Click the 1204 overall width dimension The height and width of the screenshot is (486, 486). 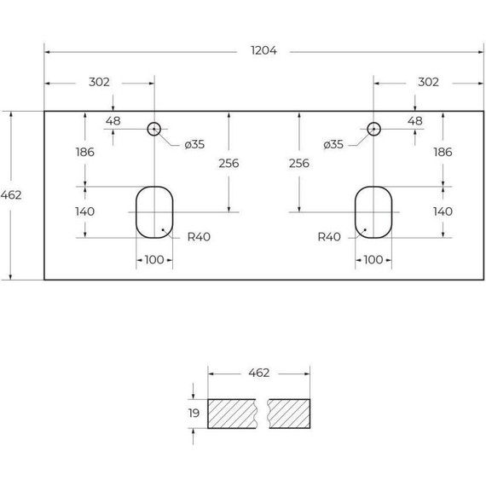point(263,50)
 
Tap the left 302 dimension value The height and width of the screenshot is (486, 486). point(99,82)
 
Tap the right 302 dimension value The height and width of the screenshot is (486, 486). point(428,82)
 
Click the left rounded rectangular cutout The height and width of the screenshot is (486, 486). point(136,212)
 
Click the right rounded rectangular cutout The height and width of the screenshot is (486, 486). point(356,212)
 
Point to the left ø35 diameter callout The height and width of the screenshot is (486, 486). point(194,144)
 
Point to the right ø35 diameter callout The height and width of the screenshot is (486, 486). point(333,144)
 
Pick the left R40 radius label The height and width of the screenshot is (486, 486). point(199,237)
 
